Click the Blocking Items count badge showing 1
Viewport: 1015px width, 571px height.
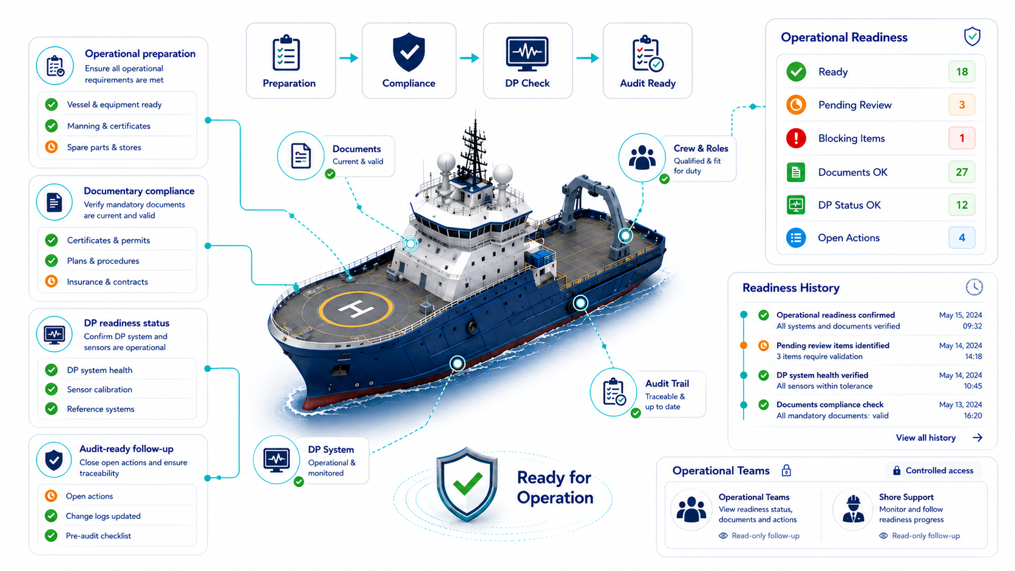pyautogui.click(x=962, y=138)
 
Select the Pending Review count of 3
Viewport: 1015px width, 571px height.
pyautogui.click(x=962, y=105)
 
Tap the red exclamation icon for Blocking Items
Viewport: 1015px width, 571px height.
pyautogui.click(x=796, y=138)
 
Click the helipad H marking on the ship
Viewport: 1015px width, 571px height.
pyautogui.click(x=356, y=309)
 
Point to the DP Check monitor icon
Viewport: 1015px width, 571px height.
pyautogui.click(x=527, y=54)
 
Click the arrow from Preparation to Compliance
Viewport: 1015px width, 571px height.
pyautogui.click(x=349, y=58)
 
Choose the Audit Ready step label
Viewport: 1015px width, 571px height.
pyautogui.click(x=648, y=83)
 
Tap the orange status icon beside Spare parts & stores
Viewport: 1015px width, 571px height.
pyautogui.click(x=52, y=147)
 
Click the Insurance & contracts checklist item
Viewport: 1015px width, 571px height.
pyautogui.click(x=107, y=282)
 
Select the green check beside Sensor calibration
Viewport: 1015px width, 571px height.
pyautogui.click(x=52, y=389)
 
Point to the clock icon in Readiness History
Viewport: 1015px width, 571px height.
pyautogui.click(x=974, y=287)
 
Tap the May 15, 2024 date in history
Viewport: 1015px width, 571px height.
pyautogui.click(x=960, y=315)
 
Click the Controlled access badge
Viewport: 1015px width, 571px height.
pyautogui.click(x=933, y=470)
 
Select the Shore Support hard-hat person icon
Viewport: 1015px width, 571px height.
pyautogui.click(x=854, y=510)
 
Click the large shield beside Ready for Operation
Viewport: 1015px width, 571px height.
pyautogui.click(x=467, y=484)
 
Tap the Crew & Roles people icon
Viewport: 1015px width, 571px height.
pyautogui.click(x=642, y=158)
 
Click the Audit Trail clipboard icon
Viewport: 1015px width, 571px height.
pyautogui.click(x=614, y=391)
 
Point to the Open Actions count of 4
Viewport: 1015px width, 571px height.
pyautogui.click(x=962, y=238)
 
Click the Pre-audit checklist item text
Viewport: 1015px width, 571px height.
pyautogui.click(x=98, y=536)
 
